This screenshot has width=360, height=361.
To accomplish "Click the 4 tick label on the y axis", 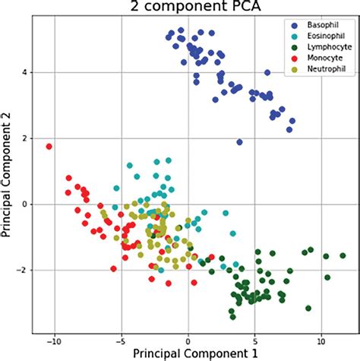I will click(24, 72).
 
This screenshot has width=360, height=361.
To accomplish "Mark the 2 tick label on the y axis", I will click(24, 138).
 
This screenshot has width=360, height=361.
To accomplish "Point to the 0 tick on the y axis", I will click(24, 204).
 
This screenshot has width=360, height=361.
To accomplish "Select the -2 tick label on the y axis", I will click(22, 270).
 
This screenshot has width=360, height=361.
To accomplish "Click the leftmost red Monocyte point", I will click(49, 146).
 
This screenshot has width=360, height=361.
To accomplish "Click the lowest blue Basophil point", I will click(239, 142).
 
